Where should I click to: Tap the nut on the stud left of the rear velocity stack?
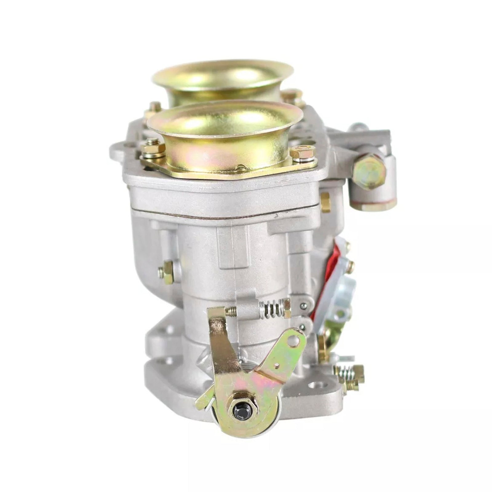pyautogui.click(x=154, y=108)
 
